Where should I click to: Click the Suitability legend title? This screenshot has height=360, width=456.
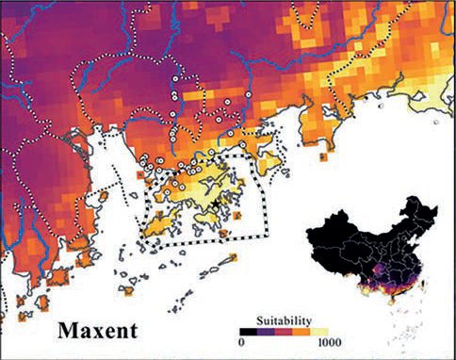point(285,319)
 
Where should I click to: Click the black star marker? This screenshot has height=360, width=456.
point(216,203)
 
